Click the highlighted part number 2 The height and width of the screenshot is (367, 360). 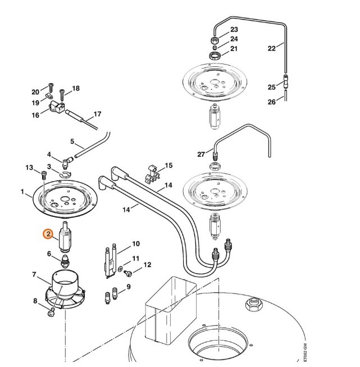pyautogui.click(x=49, y=233)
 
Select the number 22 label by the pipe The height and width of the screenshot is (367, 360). pyautogui.click(x=272, y=48)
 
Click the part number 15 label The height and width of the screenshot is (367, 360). pyautogui.click(x=169, y=166)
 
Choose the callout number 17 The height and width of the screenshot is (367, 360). pyautogui.click(x=97, y=114)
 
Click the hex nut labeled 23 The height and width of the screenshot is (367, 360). pyautogui.click(x=214, y=40)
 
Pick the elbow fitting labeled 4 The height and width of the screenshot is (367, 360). pyautogui.click(x=67, y=162)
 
